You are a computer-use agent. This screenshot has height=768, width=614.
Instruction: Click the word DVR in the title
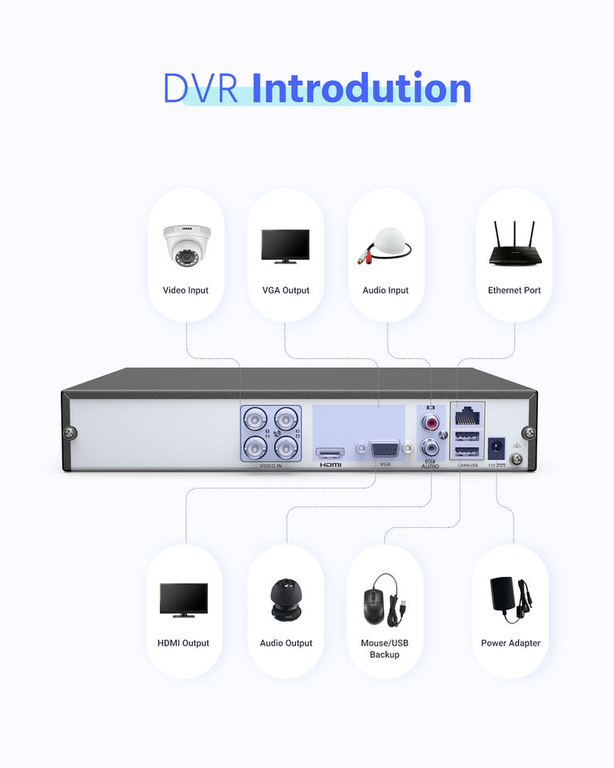click(201, 89)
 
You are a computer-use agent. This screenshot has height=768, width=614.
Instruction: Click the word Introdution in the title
click(361, 89)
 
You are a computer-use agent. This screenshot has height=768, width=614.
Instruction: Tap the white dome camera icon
click(186, 244)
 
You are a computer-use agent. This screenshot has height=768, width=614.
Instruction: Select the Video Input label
click(185, 290)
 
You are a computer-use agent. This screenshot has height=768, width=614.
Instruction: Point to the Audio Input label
click(385, 290)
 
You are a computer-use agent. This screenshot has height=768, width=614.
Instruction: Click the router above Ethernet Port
click(514, 244)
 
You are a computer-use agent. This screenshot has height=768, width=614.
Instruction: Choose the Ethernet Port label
click(514, 290)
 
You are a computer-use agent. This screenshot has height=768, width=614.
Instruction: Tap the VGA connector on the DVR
click(385, 451)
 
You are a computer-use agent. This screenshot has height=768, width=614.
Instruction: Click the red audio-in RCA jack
click(432, 420)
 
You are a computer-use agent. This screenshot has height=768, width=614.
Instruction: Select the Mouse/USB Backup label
click(385, 649)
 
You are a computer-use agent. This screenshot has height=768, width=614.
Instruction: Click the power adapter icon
click(510, 599)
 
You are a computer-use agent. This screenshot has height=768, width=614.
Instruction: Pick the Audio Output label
click(286, 643)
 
